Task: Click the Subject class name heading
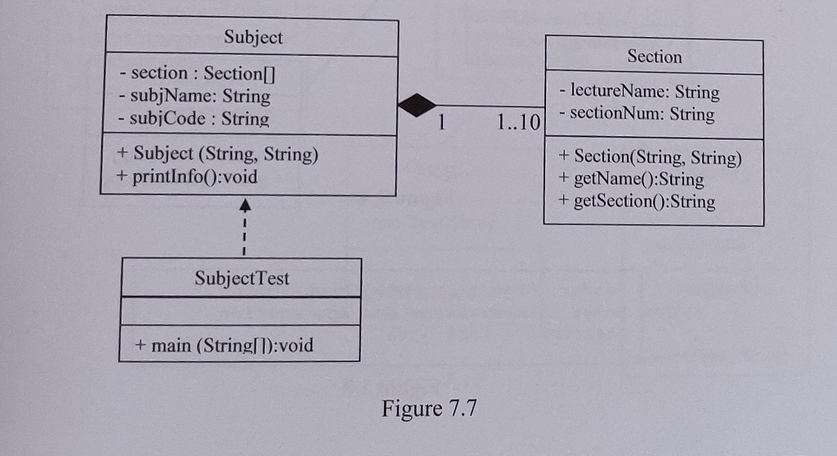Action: tap(253, 38)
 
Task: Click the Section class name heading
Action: tap(654, 56)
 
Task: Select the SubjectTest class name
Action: tap(242, 278)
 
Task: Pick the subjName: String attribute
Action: tap(194, 96)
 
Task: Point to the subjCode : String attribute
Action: tap(193, 118)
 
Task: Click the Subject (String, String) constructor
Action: tap(217, 154)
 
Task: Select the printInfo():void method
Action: tap(187, 176)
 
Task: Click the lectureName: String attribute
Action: tap(639, 92)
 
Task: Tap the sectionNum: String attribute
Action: tap(637, 114)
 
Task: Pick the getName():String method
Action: tap(631, 179)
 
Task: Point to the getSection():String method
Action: tap(637, 201)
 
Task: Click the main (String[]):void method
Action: tap(224, 345)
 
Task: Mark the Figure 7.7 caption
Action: tap(428, 408)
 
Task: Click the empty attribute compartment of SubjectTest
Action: tap(240, 311)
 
